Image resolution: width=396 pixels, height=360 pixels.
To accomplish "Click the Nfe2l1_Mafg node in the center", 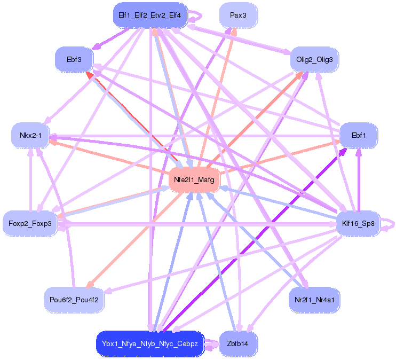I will click(194, 181).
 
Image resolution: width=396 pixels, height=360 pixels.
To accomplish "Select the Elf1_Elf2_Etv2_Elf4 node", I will click(149, 15).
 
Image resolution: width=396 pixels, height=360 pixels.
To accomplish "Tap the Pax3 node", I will click(238, 15).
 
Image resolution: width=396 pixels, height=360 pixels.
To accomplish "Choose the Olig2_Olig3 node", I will click(314, 59).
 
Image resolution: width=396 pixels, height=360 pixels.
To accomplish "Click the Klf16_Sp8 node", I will click(358, 223).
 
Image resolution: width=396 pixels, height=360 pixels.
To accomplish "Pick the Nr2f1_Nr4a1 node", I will click(314, 300).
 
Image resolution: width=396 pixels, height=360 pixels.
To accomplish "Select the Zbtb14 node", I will click(238, 343).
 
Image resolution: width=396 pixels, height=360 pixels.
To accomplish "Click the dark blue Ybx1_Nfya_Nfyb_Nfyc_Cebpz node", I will click(150, 344).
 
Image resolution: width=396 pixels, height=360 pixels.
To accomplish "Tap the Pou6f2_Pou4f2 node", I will click(74, 300).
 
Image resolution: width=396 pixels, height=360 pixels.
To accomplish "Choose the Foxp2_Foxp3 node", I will click(30, 223).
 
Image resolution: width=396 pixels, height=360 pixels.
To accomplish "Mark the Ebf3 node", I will click(74, 59).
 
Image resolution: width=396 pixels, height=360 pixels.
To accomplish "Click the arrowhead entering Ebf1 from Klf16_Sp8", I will click(359, 152).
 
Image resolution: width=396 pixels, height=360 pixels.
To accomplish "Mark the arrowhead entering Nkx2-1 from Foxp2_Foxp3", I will click(30, 151).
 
